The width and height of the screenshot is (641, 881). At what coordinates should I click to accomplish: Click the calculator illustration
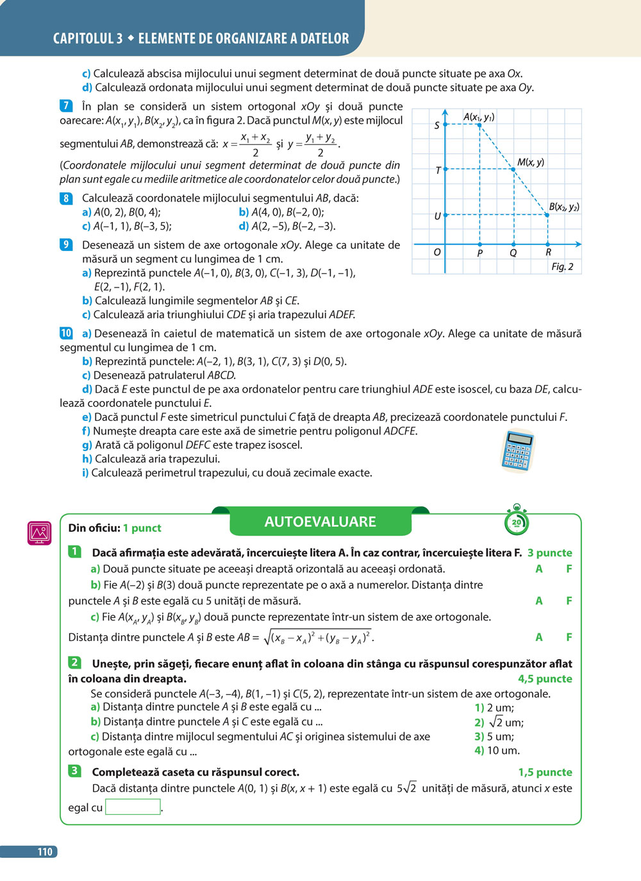pos(517,450)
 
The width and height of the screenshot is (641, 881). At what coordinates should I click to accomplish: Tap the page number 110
pos(45,851)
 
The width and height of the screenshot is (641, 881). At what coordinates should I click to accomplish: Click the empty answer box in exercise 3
pos(133,807)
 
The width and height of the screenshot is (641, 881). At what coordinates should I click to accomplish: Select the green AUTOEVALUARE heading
pos(320,522)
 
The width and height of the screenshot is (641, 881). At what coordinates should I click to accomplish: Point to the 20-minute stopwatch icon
pos(516,521)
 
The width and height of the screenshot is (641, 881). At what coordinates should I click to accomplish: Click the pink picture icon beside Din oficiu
pos(39,533)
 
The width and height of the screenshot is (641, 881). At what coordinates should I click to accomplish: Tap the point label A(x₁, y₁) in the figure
pos(478,117)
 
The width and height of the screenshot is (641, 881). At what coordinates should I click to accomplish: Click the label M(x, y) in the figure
pos(530,162)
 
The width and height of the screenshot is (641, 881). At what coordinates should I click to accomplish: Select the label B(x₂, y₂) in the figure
pos(564,207)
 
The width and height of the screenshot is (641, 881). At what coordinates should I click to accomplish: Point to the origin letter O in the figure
pos(437,252)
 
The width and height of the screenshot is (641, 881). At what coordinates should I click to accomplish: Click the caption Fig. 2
pos(562,266)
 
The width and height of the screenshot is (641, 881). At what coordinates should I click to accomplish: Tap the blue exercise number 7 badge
pos(66,106)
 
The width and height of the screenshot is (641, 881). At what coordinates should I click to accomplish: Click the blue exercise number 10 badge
pos(67,333)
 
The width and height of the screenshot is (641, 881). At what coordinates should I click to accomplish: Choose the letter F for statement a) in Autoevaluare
pos(569,569)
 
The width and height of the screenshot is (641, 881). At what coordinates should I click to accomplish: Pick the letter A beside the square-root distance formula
pos(538,637)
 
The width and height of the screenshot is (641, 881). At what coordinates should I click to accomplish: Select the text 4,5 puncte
pos(545,678)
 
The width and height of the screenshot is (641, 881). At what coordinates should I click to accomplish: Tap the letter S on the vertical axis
pos(437,125)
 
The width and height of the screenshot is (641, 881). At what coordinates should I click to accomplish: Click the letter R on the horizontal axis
pos(548,253)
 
